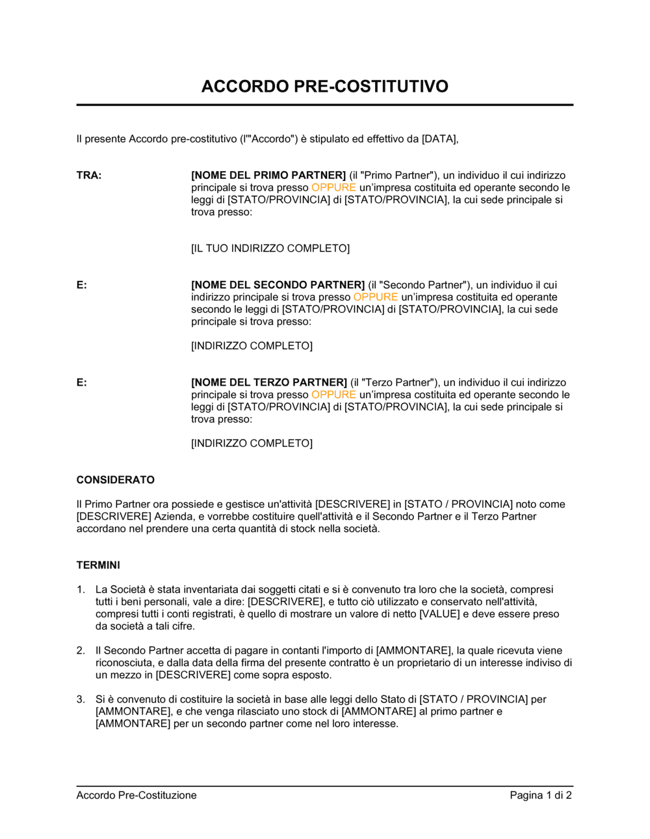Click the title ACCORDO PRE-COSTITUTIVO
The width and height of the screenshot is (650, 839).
324,87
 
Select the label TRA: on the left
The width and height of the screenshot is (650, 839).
89,176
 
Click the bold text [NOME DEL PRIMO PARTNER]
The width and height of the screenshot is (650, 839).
268,176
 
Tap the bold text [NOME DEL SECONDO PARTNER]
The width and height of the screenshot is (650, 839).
278,285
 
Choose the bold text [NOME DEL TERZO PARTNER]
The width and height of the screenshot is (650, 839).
269,382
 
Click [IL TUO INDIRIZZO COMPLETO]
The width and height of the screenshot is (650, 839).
270,248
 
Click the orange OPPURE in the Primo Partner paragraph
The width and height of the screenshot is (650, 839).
333,188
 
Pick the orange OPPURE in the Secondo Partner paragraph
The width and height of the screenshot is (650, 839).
376,297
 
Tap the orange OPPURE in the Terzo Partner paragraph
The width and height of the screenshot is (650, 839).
333,395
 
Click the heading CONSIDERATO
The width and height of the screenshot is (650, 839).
116,480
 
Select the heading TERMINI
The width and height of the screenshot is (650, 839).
98,565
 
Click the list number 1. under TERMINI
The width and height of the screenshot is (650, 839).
81,590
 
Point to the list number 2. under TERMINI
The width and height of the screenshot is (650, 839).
81,650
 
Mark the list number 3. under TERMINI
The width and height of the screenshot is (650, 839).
81,699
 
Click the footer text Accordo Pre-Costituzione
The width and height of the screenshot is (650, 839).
136,795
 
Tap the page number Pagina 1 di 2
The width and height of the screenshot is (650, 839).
541,795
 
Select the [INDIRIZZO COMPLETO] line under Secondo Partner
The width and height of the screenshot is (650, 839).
252,346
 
